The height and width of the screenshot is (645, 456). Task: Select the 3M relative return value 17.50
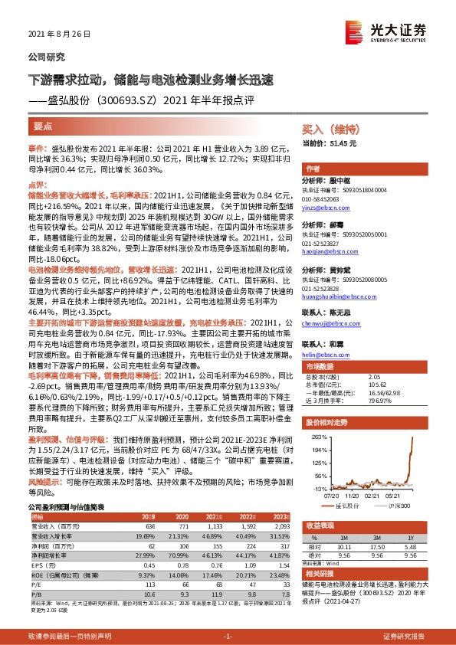click(x=376, y=547)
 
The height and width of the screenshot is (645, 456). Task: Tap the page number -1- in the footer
click(x=228, y=637)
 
